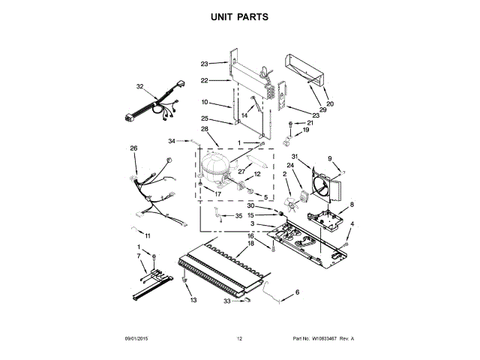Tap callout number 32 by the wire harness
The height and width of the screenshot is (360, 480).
click(139, 87)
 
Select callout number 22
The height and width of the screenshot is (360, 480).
click(204, 80)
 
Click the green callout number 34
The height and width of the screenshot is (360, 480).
click(171, 141)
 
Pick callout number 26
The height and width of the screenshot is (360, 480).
click(133, 148)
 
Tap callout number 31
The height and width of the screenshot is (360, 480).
click(295, 156)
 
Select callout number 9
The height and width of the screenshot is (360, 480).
click(328, 158)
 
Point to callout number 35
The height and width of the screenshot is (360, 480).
click(238, 216)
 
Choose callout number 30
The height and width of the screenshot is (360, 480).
click(263, 206)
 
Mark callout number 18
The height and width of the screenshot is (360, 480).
click(250, 244)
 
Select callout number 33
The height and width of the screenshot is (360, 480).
click(226, 301)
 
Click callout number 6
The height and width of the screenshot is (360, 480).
click(296, 292)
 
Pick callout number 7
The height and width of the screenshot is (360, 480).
click(138, 256)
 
